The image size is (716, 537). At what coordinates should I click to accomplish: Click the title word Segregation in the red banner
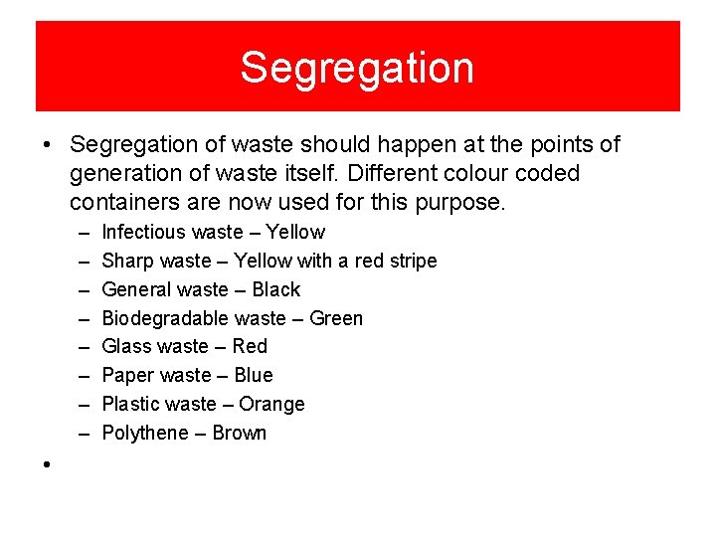(x=357, y=68)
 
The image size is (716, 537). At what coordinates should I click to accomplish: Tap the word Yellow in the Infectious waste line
(x=295, y=232)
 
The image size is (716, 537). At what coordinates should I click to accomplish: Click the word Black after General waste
(x=276, y=289)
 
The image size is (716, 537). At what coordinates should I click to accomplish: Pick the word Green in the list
(x=336, y=318)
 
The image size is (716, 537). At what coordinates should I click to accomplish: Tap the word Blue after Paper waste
(x=253, y=375)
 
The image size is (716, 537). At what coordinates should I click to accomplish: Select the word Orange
(x=271, y=404)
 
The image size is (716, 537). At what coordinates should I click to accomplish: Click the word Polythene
(x=145, y=433)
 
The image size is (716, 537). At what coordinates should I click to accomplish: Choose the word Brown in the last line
(x=240, y=433)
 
